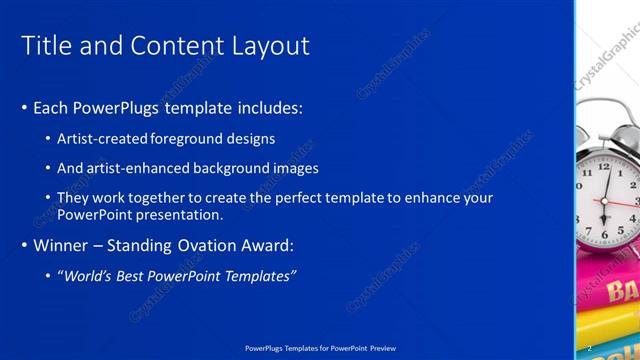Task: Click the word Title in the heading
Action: coord(45,46)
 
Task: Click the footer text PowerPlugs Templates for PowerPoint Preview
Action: coord(319,348)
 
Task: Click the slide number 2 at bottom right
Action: coord(589,348)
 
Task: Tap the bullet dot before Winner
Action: coord(24,246)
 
